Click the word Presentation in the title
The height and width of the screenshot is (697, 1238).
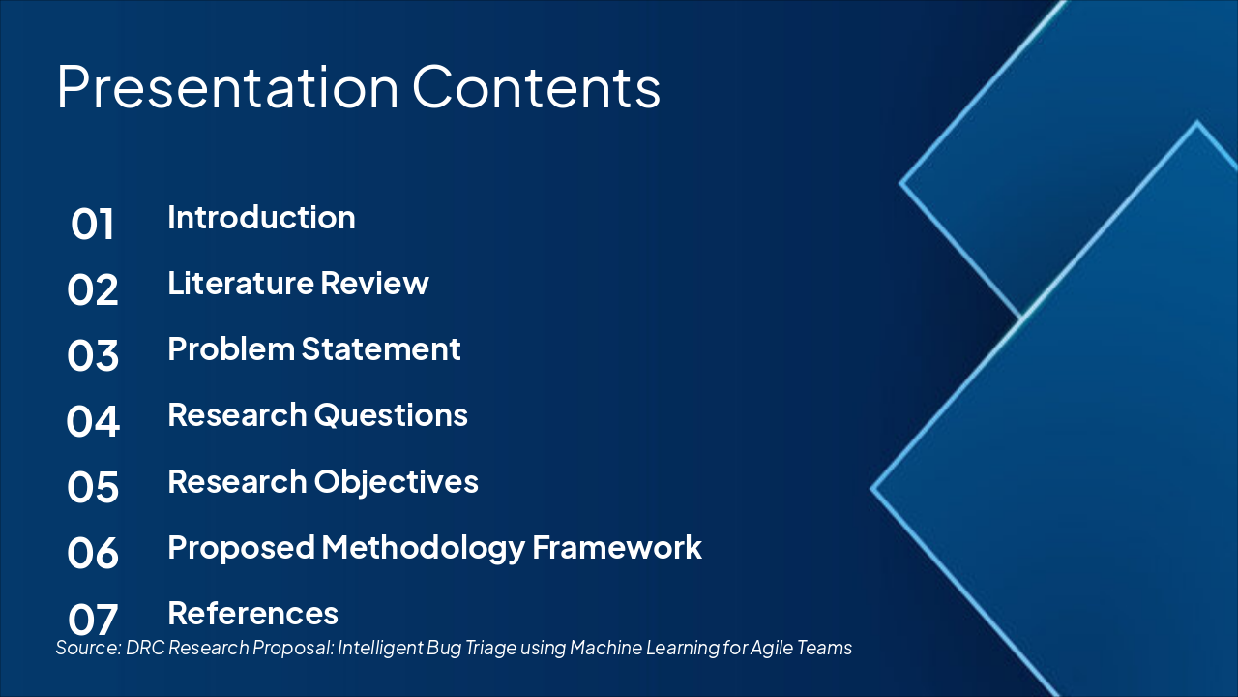(227, 87)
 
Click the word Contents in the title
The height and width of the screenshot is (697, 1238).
(536, 86)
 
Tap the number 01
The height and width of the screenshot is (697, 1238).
(92, 224)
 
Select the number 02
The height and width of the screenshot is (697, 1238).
(92, 289)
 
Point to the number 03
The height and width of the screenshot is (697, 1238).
(92, 355)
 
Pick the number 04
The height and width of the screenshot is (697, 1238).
(92, 421)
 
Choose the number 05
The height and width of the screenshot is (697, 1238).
(92, 487)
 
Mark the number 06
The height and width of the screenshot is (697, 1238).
(92, 553)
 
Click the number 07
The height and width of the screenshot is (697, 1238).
(92, 620)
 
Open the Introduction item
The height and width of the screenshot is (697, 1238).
(261, 218)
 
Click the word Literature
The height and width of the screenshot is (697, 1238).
(241, 284)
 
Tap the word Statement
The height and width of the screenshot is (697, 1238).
(381, 349)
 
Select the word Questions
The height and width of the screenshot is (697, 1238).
(392, 415)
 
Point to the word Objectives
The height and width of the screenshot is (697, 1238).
(397, 482)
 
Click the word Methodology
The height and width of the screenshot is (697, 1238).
(423, 548)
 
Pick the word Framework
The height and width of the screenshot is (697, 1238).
(617, 548)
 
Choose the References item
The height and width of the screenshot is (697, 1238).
(253, 614)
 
